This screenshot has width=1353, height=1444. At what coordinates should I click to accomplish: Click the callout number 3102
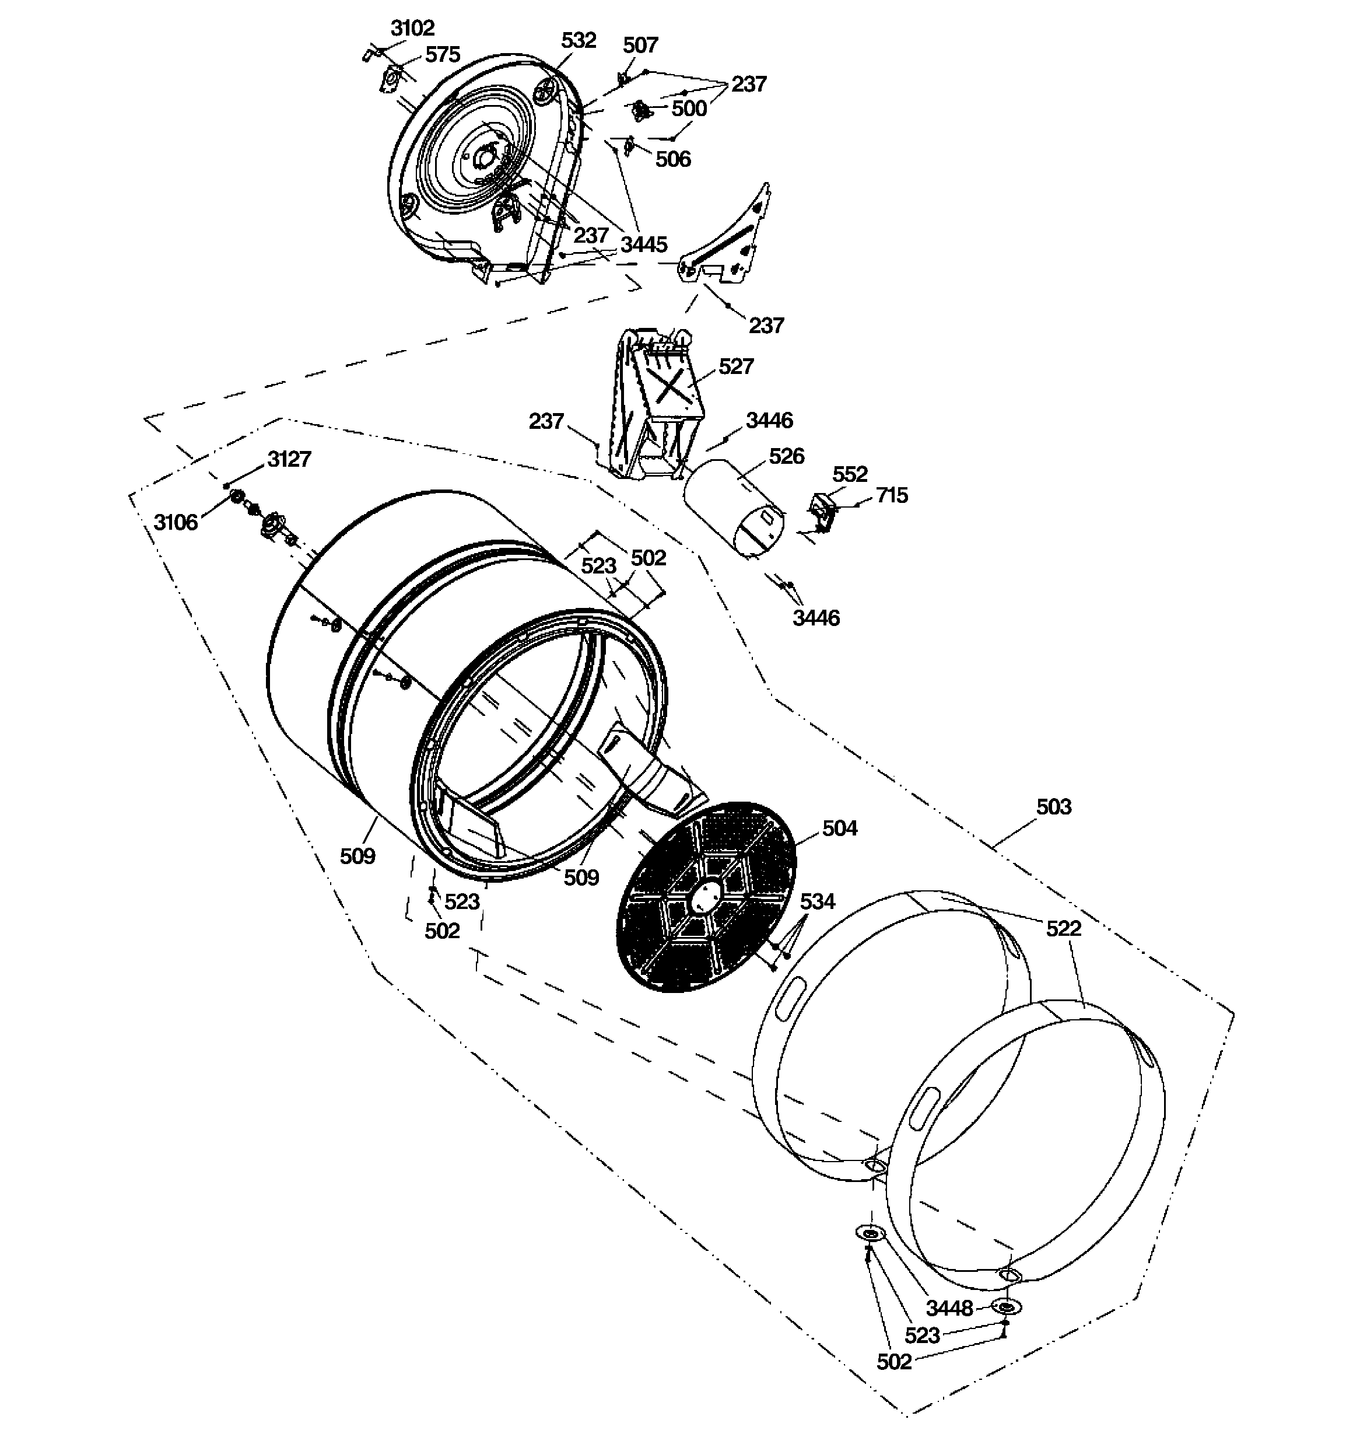(x=412, y=29)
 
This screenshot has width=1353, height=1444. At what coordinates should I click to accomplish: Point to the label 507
(x=640, y=46)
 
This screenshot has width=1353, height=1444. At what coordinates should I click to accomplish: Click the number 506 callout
(x=672, y=159)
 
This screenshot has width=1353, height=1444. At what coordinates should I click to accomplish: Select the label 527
(x=735, y=367)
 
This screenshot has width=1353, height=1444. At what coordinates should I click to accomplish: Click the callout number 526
(x=787, y=456)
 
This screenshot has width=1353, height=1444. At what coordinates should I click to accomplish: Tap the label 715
(x=892, y=495)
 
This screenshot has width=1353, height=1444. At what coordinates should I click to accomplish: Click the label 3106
(x=175, y=522)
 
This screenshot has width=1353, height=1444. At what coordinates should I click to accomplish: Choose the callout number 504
(x=840, y=828)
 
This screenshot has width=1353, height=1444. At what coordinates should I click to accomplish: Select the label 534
(x=817, y=901)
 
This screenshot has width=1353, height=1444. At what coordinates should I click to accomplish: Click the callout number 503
(x=1053, y=807)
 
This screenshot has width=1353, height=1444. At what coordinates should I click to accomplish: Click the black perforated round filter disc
(x=705, y=898)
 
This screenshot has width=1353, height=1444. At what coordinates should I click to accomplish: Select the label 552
(x=850, y=474)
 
